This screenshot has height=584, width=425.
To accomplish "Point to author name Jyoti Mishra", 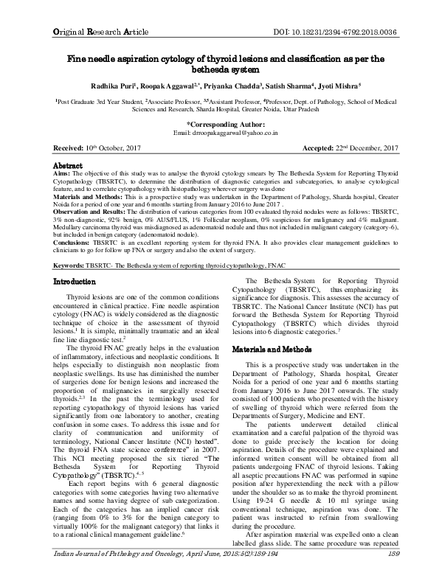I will [356, 85].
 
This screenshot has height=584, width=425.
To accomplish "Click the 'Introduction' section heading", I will [82, 302].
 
